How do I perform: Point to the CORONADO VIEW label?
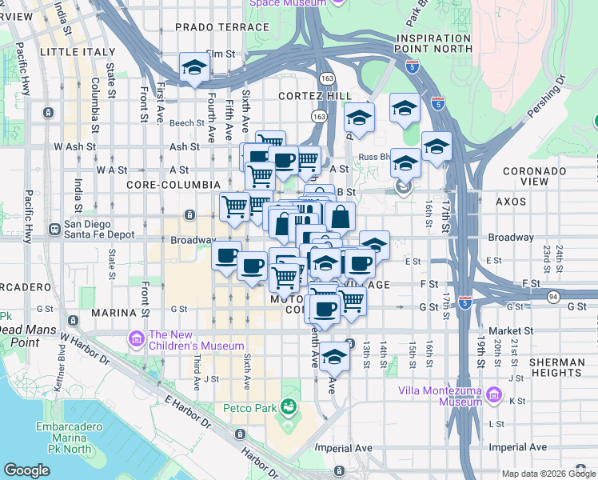[x=536, y=176]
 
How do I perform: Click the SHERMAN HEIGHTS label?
[x=556, y=368]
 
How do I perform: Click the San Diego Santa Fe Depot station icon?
[x=55, y=229]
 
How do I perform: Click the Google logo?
[x=27, y=470]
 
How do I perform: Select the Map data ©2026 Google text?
[x=548, y=474]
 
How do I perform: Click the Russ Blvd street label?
[x=373, y=157]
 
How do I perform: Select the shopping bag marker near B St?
[x=340, y=217]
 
